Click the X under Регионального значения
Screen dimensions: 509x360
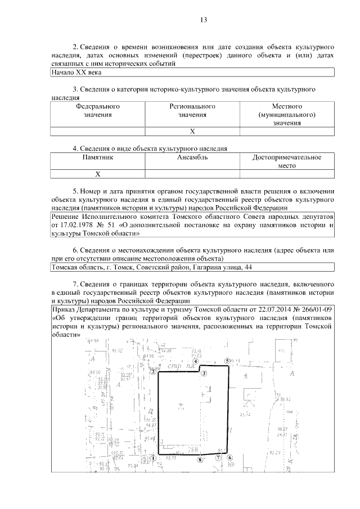pos(192,132)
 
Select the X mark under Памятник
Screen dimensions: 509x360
pos(97,174)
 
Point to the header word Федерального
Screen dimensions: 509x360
pos(97,106)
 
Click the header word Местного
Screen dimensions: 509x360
pos(287,106)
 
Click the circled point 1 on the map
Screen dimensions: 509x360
pos(152,458)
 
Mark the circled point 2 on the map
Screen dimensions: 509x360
pos(153,371)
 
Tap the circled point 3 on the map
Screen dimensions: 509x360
pos(205,373)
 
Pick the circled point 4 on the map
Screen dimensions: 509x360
pos(196,362)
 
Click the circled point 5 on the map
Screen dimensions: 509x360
pos(228,361)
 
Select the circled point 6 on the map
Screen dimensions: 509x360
pos(230,458)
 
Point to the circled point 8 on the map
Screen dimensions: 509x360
pos(199,460)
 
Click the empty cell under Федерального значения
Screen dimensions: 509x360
pos(97,132)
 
